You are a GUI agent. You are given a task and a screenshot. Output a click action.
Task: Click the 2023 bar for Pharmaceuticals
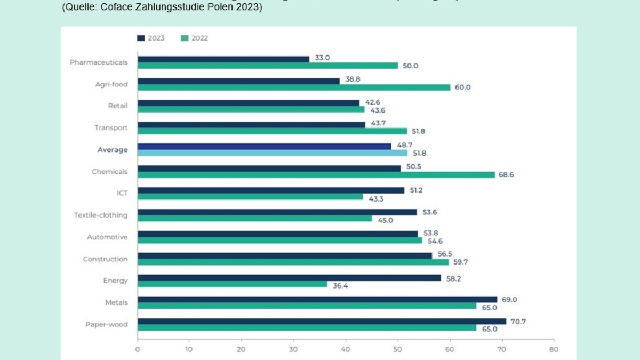click(223, 59)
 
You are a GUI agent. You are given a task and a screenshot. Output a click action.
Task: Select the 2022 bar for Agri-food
click(294, 87)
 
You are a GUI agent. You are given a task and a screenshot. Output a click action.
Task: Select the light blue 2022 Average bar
click(272, 153)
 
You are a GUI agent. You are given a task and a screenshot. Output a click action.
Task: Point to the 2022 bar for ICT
click(250, 197)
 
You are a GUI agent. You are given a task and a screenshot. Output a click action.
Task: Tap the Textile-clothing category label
click(101, 215)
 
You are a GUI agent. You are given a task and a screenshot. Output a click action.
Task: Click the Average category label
click(113, 150)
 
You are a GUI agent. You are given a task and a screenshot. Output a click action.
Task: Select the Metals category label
click(116, 302)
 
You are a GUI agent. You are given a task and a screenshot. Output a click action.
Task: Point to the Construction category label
click(105, 259)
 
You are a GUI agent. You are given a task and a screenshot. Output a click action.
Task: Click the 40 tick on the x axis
click(346, 350)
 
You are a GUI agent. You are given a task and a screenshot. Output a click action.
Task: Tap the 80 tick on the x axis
click(554, 350)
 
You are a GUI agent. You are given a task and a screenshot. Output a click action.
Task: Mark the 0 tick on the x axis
click(138, 350)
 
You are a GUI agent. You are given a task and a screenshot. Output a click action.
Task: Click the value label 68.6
click(506, 175)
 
